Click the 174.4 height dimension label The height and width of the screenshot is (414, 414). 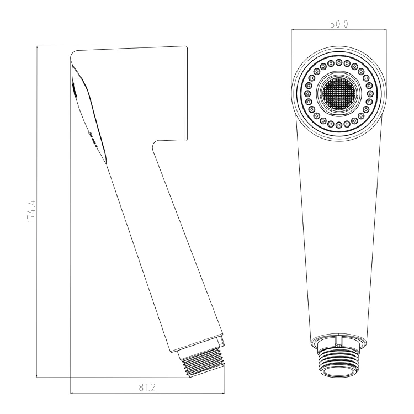tap(31, 211)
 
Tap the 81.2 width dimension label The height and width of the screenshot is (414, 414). tap(147, 388)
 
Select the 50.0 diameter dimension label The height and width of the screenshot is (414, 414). tap(339, 24)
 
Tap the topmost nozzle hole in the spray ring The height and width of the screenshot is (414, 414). tap(339, 62)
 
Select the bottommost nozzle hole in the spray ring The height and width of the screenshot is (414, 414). tap(339, 124)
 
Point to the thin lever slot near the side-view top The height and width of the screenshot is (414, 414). tap(74, 90)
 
